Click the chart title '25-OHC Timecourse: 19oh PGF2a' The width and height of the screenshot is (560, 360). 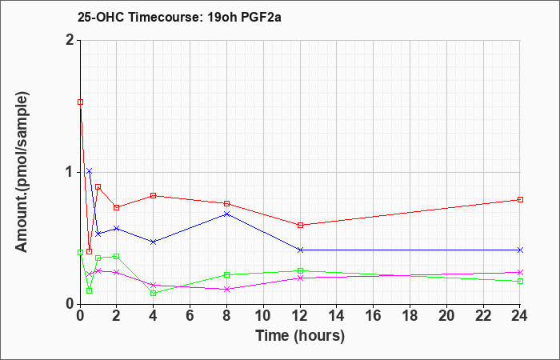click(x=179, y=17)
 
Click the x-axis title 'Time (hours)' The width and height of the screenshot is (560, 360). click(x=300, y=336)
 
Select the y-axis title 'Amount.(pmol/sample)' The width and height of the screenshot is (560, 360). click(x=22, y=172)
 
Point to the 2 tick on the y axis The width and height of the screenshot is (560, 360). click(x=70, y=40)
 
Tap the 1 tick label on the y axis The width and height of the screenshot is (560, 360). click(x=70, y=173)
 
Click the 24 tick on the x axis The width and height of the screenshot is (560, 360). click(x=520, y=316)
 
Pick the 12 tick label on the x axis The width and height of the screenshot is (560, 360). click(x=300, y=316)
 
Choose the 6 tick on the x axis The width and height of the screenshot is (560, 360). click(x=190, y=316)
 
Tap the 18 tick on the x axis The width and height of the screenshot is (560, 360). click(x=410, y=316)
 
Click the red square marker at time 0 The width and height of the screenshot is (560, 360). click(x=80, y=102)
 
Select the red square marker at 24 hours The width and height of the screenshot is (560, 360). click(x=520, y=200)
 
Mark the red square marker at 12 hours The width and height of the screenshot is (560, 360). click(x=300, y=225)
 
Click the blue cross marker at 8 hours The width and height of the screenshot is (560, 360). click(x=226, y=214)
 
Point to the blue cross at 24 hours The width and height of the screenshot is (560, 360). click(x=520, y=250)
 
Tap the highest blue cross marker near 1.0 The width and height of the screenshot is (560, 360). click(x=90, y=170)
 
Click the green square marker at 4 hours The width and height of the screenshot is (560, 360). click(x=154, y=294)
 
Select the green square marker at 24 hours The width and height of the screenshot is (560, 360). click(x=520, y=281)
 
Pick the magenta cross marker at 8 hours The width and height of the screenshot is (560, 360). click(x=226, y=289)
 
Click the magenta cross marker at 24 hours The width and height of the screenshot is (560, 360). click(x=520, y=272)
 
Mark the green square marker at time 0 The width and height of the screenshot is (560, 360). click(x=80, y=252)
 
